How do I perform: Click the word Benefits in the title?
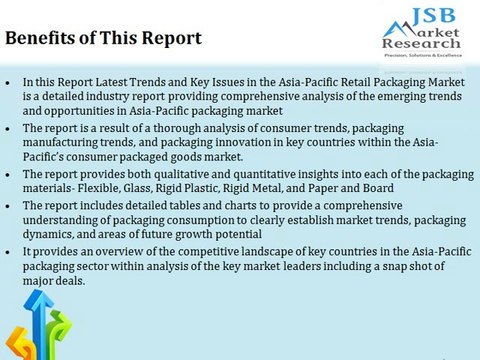41,39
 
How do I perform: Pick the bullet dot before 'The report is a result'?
9,129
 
